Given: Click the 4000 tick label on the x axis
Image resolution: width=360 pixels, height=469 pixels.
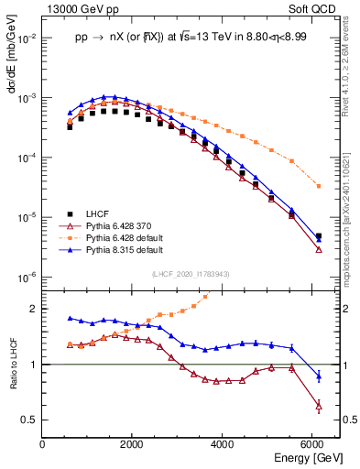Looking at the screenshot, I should point(223,444).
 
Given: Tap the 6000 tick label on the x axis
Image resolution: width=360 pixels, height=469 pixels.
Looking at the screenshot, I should point(312,444).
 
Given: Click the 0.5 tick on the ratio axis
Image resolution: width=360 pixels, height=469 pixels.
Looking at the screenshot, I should point(29,420).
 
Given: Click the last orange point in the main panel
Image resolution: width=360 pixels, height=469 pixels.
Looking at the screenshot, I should point(318,186).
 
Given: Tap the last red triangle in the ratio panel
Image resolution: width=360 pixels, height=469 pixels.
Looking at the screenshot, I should point(318,405).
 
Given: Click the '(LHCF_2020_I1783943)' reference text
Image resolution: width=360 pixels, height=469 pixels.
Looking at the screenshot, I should point(190,274).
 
